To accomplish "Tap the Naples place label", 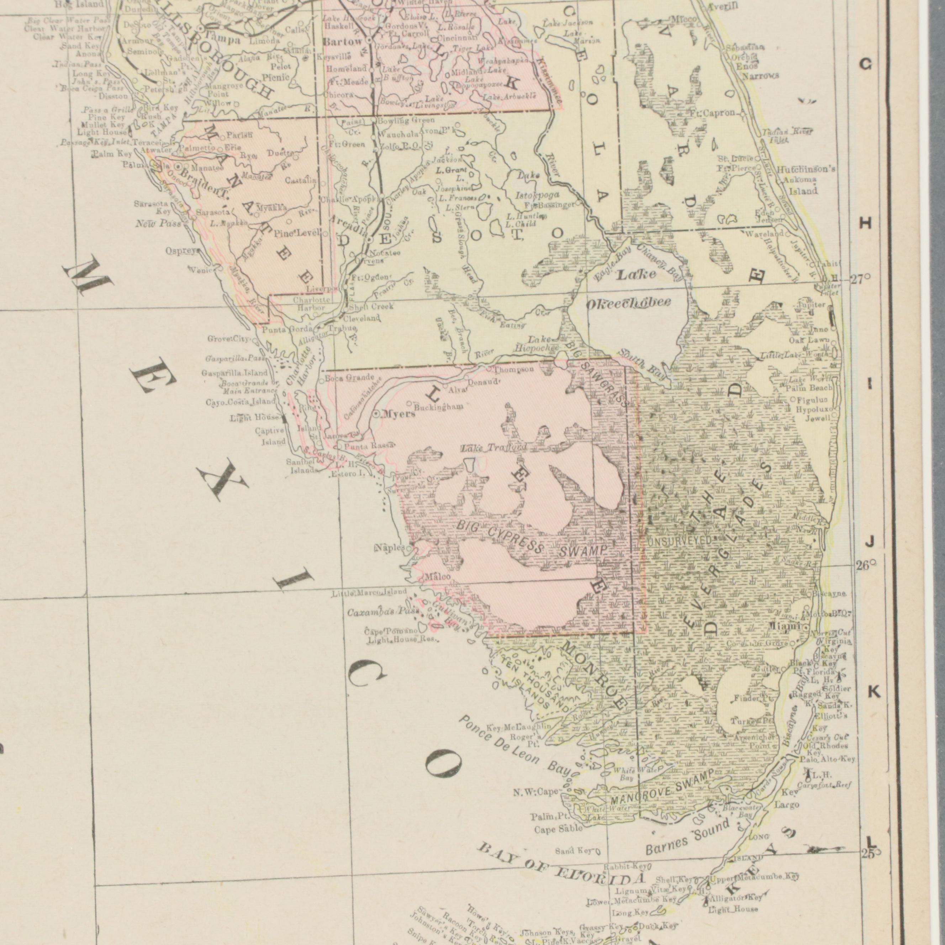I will pos(390,548).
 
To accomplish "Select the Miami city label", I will pos(784,627).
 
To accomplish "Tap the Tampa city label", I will pos(223,40).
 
